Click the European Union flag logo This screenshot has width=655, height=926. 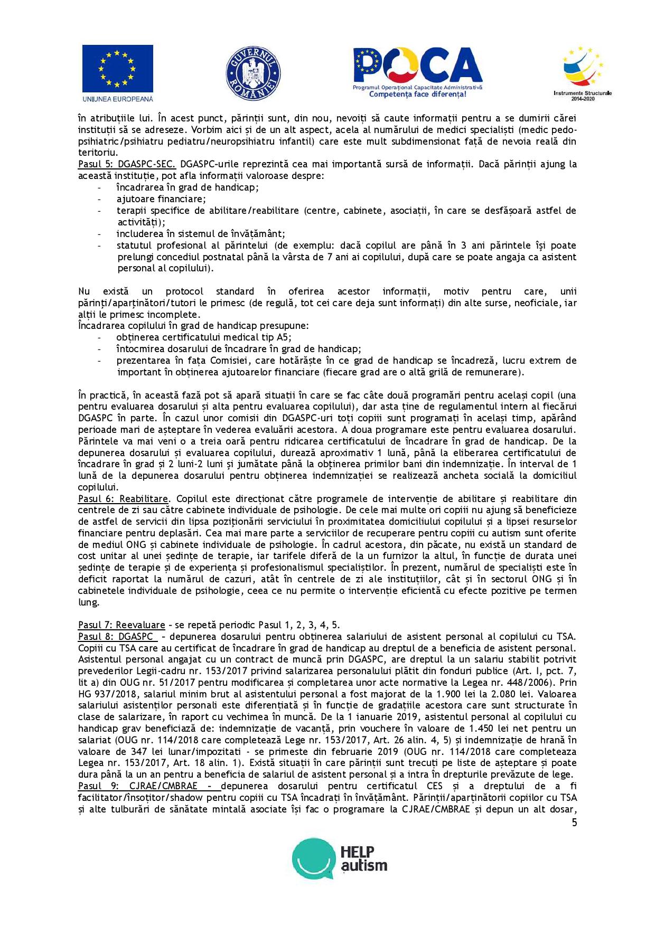coord(117,69)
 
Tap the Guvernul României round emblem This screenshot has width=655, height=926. coord(253,73)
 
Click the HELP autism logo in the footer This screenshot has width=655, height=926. coord(340,858)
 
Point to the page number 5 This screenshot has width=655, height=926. coord(574,823)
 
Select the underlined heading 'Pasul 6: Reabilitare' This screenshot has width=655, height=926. coord(123,499)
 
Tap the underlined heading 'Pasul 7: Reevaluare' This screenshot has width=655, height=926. coord(121,625)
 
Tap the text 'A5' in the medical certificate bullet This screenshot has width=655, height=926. coord(284,337)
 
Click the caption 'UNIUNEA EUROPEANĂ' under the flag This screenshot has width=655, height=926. coord(117,99)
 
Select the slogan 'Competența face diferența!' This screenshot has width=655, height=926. coord(417,95)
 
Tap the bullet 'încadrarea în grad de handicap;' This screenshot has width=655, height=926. coord(188,187)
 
